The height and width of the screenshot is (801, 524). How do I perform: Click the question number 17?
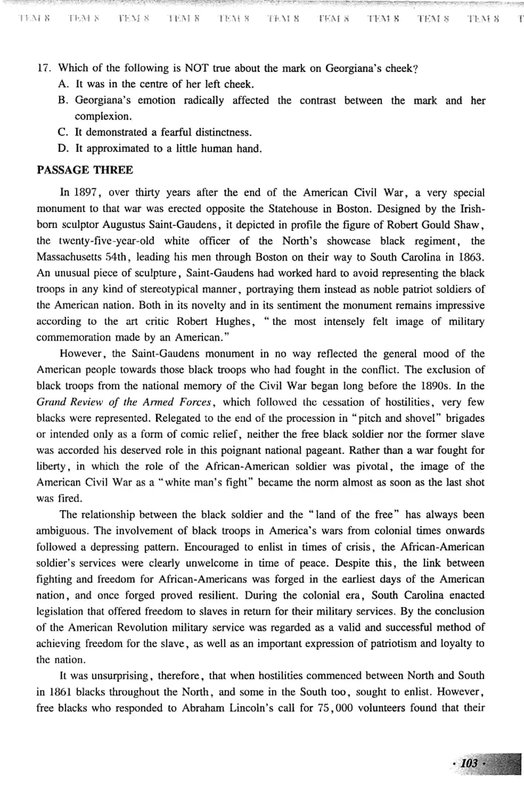point(46,67)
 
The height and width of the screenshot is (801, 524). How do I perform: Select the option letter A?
point(63,84)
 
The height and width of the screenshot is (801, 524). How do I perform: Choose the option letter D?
point(63,148)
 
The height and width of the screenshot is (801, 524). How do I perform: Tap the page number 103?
point(470,764)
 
